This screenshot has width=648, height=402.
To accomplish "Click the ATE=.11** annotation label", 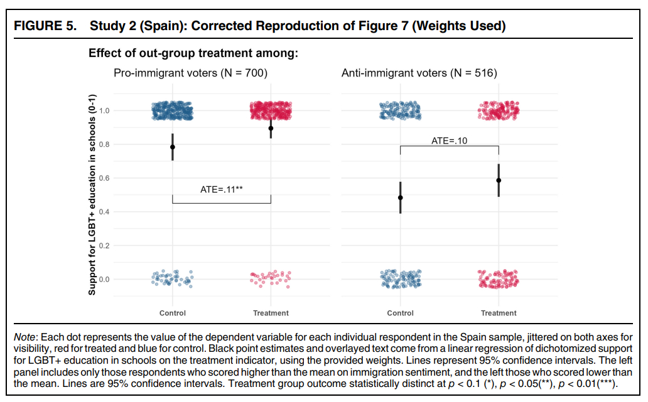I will click(x=222, y=189).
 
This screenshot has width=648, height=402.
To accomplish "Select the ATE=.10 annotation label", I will click(x=449, y=140).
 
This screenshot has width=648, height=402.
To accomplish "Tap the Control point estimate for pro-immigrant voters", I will click(x=173, y=147).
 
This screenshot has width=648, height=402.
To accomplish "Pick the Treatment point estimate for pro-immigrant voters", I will click(x=271, y=128).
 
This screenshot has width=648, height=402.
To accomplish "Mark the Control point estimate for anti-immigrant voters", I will click(x=401, y=198).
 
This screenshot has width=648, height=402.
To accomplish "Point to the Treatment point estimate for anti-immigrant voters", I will click(x=499, y=180).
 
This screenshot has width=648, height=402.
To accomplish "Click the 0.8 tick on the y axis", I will click(x=104, y=144).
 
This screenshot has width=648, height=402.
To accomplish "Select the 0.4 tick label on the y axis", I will click(x=104, y=212).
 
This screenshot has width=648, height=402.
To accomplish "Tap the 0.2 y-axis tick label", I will click(x=104, y=246).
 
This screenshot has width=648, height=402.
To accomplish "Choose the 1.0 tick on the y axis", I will click(x=104, y=111).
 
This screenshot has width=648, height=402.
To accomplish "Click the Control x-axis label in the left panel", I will click(x=173, y=313).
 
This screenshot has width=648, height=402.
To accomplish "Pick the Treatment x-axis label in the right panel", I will click(x=499, y=313).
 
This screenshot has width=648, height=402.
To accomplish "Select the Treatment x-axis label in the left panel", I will click(x=271, y=313).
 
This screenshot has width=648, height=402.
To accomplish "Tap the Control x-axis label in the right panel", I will click(x=401, y=313).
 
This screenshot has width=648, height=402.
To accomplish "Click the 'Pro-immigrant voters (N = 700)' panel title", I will click(x=190, y=73).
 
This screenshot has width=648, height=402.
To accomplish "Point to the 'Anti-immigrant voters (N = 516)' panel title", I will click(x=419, y=73).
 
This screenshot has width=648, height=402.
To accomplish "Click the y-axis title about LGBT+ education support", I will click(x=92, y=194).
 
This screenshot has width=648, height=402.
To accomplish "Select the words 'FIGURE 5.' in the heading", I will click(x=45, y=26).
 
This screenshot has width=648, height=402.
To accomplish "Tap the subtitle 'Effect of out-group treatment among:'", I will click(x=193, y=53).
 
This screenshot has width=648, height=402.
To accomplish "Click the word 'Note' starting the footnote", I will click(x=24, y=338).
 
